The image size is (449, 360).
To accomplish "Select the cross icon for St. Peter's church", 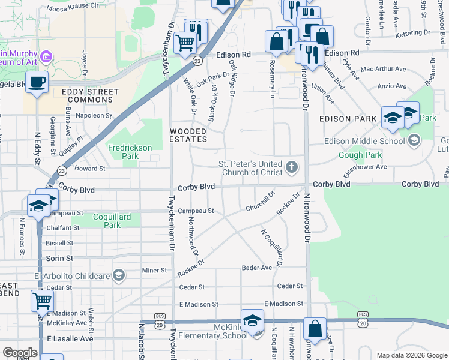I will [x=292, y=167].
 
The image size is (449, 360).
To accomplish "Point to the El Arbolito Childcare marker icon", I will [x=119, y=275].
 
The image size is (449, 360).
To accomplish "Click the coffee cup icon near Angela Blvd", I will [x=37, y=82].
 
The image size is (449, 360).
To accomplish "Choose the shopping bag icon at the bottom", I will [x=314, y=329].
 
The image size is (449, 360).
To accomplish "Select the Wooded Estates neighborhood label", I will [x=188, y=135].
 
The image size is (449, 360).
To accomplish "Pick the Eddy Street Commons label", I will [x=90, y=96].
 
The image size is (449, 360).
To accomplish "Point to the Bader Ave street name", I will [x=257, y=268].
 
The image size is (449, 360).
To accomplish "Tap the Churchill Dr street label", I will [x=259, y=202].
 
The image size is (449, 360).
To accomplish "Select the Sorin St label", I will [x=59, y=258].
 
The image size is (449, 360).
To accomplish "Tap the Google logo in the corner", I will [x=20, y=352].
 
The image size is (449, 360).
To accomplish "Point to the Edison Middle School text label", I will [x=364, y=141].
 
